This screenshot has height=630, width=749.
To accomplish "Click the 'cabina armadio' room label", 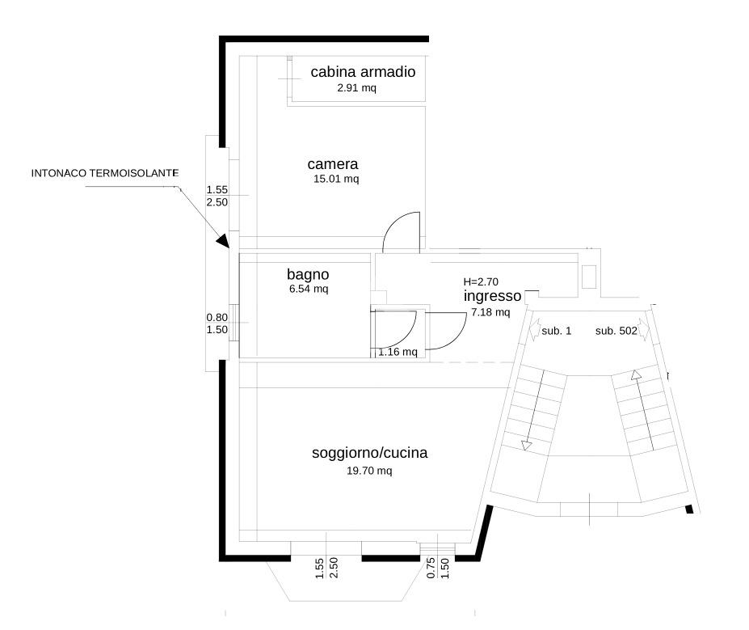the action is click(x=363, y=72).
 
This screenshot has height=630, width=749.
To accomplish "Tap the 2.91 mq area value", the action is click(x=357, y=88).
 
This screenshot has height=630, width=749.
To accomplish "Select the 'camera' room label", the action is click(x=332, y=164).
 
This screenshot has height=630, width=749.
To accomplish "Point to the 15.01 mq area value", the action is click(x=336, y=179).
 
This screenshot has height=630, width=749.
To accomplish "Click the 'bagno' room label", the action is click(x=308, y=274).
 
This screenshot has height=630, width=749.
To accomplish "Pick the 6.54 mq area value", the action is click(x=309, y=289).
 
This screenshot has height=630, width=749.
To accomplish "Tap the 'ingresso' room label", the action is click(x=492, y=296).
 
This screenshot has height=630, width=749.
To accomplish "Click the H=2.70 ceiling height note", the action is click(x=481, y=282).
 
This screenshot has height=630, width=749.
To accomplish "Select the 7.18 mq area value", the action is click(x=490, y=312).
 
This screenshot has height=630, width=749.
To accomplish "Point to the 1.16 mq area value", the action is click(x=398, y=353).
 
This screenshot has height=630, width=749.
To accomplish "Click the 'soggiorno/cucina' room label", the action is click(x=370, y=453).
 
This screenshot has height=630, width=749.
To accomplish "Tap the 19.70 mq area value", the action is click(x=369, y=471).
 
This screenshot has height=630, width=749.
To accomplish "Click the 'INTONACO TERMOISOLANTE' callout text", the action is click(x=105, y=173).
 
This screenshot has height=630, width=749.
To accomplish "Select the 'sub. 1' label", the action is click(x=556, y=331).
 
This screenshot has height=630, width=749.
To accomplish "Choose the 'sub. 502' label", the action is click(x=616, y=331).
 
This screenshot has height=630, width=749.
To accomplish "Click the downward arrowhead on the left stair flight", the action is click(x=527, y=446).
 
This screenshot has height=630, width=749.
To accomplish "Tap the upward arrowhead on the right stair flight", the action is click(x=635, y=375).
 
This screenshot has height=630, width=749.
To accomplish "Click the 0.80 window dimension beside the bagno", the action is click(x=217, y=317).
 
